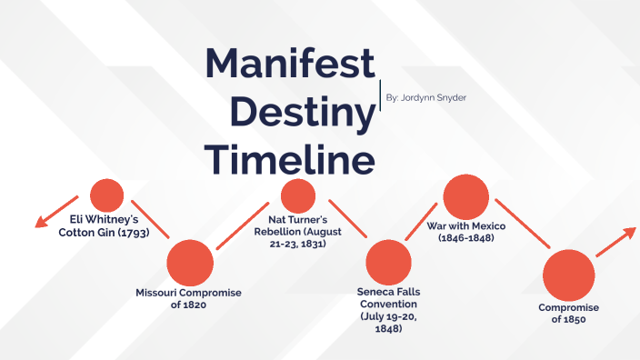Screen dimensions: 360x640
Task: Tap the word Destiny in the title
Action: [x=303, y=112]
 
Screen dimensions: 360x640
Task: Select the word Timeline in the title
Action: [x=289, y=158]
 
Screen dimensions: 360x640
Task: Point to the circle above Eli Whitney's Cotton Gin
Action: [x=107, y=195]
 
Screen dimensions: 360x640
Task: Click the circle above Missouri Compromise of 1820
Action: [x=190, y=263]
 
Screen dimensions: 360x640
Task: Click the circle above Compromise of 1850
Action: [x=567, y=275]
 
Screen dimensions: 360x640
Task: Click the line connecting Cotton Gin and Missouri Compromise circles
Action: [x=150, y=218]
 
